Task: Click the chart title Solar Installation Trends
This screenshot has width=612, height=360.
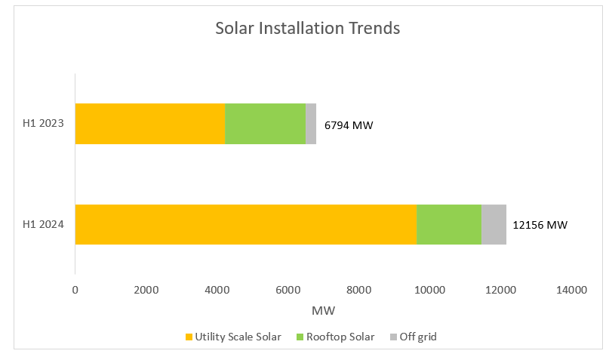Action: pos(307,29)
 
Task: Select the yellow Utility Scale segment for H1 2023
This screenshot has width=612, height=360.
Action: pos(149,124)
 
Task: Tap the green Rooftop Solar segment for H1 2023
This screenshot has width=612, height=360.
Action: pos(265,124)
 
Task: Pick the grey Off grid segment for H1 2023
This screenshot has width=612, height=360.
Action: pos(311,124)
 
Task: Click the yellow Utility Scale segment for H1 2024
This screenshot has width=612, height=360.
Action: pos(245,224)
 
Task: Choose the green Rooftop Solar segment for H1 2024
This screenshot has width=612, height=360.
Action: pos(449,224)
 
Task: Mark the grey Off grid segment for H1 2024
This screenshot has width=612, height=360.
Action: pos(494,224)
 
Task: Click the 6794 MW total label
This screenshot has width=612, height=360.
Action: pos(349,125)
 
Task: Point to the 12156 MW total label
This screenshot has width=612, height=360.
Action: pos(540,225)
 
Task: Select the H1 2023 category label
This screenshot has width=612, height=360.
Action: pos(43,124)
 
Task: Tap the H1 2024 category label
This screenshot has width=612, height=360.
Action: pos(43,224)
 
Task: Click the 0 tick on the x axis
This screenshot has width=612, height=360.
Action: pos(75,290)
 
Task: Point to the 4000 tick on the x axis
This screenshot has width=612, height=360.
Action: pos(217,290)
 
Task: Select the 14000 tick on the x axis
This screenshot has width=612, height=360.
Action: pos(571,290)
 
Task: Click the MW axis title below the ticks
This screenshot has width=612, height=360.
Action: pos(323,310)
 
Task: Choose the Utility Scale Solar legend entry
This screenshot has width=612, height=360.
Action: pos(232,337)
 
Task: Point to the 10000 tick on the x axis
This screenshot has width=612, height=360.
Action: pos(429,290)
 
